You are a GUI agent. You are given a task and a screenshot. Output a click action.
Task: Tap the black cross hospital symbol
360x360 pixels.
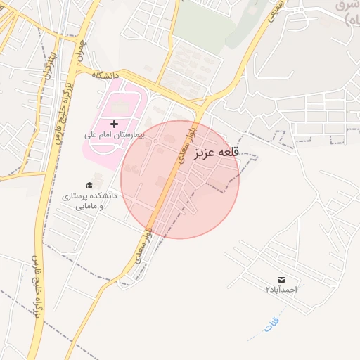115,124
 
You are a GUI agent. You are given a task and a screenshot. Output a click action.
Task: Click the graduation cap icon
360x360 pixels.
89,185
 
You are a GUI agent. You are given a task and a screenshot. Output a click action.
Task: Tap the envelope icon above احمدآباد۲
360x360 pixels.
282,279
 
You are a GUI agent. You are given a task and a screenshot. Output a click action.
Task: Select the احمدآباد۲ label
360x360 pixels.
282,289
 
